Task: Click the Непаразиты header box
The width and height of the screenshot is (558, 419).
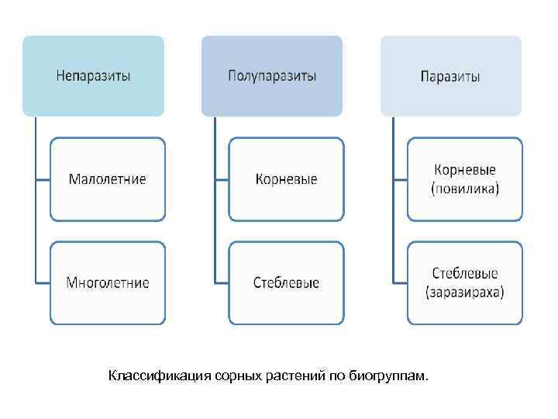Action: [93, 75]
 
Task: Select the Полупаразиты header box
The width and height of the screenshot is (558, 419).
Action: [272, 75]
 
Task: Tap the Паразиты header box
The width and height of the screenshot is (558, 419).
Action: [450, 75]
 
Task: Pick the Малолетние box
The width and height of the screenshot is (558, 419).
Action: [108, 179]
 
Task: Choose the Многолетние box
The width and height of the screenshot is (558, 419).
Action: [108, 282]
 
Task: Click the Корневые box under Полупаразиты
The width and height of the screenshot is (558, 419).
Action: [286, 179]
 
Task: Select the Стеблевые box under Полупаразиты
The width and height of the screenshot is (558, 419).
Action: [286, 282]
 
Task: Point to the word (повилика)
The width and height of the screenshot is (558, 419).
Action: [465, 189]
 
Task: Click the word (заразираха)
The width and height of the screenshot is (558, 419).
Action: [465, 292]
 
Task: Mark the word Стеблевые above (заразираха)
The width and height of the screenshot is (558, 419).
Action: [465, 273]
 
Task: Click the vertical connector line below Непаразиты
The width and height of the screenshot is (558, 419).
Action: [36, 202]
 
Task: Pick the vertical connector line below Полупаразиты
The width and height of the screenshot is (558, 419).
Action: [215, 202]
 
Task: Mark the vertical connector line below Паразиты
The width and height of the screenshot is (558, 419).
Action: [393, 202]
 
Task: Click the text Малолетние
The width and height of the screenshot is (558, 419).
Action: [108, 179]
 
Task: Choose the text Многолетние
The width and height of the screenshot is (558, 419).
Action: [108, 282]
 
